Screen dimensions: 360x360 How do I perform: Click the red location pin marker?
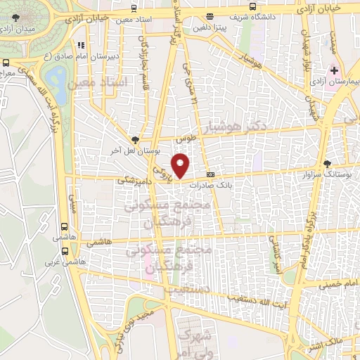click(181, 166)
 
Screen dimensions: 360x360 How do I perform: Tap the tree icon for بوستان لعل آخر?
click(135, 140)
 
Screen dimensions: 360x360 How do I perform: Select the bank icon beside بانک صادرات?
click(210, 174)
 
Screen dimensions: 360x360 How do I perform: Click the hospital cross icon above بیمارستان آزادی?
click(335, 71)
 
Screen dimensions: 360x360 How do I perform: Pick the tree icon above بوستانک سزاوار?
click(326, 163)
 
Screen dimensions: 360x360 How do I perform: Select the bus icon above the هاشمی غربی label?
click(65, 227)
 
